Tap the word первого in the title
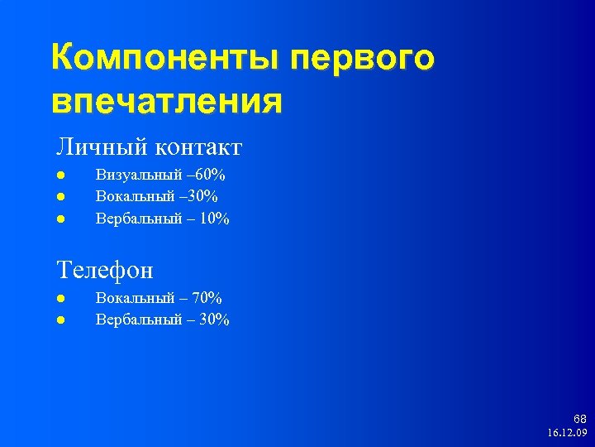(360, 60)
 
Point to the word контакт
(196, 147)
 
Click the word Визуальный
(139, 175)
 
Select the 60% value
(211, 175)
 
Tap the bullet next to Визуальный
(61, 175)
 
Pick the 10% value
(213, 219)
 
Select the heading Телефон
(105, 269)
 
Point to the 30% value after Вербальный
(213, 320)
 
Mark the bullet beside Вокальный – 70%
(61, 299)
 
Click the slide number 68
(579, 420)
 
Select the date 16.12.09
(566, 433)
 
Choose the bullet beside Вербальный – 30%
(61, 320)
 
